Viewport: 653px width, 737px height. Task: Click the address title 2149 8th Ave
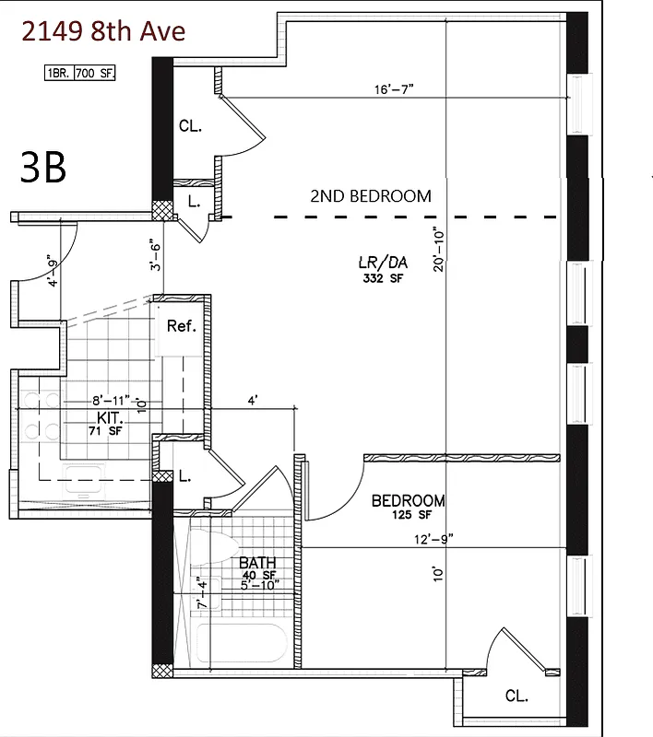point(103,31)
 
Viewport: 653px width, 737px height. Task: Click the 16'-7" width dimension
point(394,89)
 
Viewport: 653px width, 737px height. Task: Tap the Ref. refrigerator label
point(182,326)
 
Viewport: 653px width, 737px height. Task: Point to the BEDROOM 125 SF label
point(408,507)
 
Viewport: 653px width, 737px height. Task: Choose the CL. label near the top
point(190,126)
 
